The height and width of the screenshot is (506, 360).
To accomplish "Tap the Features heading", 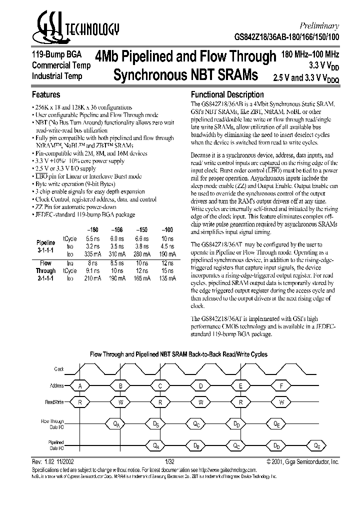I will (x=46, y=94).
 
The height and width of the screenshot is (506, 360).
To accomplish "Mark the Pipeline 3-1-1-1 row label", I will (x=45, y=243).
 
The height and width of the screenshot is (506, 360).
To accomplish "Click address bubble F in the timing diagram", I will (x=282, y=386).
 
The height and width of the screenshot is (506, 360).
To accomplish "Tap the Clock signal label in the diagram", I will (x=59, y=369).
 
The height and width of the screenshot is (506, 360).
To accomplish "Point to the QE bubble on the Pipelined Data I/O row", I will (x=317, y=445).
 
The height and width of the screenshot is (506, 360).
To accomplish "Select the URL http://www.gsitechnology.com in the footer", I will (x=226, y=470).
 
